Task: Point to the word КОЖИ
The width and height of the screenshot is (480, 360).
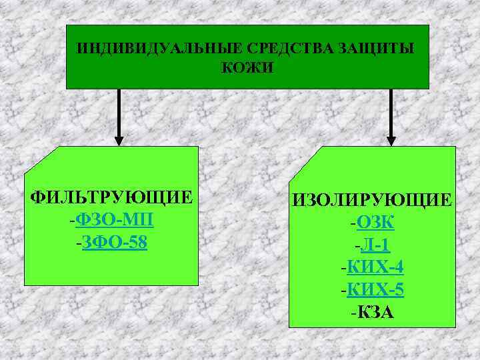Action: [247, 68]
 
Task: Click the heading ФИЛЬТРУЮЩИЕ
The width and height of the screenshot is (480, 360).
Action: [112, 198]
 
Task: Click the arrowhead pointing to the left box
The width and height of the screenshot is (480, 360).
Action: [119, 141]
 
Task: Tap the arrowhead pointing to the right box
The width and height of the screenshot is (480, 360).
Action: [391, 141]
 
